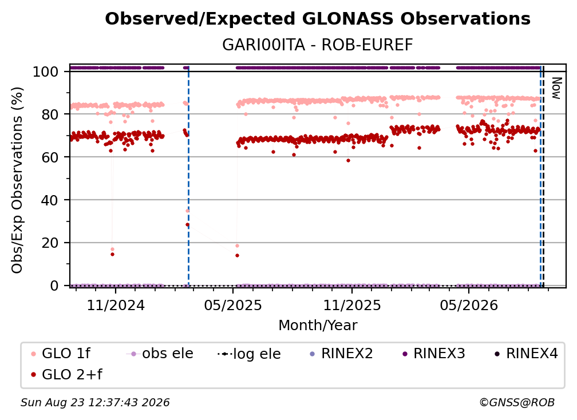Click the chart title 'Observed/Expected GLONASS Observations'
click(318, 19)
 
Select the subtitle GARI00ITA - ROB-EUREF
click(318, 45)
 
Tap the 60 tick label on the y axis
click(50, 157)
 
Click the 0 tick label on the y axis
click(54, 286)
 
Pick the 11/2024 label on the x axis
click(116, 305)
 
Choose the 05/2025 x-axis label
click(233, 305)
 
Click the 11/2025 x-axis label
click(352, 305)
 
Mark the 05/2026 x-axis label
click(469, 305)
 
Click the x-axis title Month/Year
click(318, 325)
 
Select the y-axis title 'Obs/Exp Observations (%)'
click(17, 180)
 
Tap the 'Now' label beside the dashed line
click(556, 88)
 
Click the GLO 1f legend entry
click(60, 354)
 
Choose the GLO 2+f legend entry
click(66, 374)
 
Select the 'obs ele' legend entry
click(160, 354)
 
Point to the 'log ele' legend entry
click(249, 354)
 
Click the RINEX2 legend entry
click(342, 354)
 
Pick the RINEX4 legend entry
click(526, 354)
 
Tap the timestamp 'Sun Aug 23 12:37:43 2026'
click(95, 403)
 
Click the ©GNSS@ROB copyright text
click(517, 403)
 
